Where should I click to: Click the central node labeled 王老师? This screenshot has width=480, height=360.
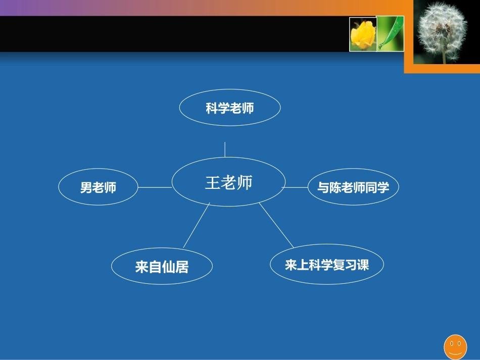(228, 182)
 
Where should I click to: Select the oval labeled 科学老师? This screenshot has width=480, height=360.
(230, 108)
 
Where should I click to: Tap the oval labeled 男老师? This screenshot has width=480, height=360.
(98, 188)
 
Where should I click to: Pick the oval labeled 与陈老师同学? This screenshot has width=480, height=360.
(353, 188)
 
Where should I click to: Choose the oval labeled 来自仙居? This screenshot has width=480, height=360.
(162, 267)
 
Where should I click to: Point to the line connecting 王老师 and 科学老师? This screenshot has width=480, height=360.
(225, 149)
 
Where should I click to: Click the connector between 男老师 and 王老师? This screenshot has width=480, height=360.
(155, 187)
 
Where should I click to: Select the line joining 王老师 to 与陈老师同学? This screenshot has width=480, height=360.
(296, 187)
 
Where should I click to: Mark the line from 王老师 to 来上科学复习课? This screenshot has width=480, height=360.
(276, 225)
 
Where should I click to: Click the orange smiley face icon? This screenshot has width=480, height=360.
(455, 346)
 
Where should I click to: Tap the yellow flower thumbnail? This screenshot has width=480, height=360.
(363, 34)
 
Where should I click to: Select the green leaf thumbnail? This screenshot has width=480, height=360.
(391, 34)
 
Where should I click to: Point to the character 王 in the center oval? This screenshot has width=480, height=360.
(212, 183)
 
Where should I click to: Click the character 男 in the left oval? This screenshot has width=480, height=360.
(86, 188)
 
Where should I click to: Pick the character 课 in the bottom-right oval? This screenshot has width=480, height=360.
(363, 265)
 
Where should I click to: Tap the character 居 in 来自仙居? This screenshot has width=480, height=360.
(182, 267)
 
